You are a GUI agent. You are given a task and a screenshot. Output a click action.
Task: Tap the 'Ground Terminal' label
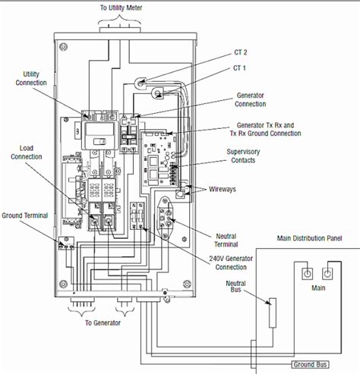[24, 215]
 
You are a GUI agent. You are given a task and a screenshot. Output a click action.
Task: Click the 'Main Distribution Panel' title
[309, 239]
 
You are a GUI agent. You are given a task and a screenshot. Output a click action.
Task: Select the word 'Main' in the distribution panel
[320, 288]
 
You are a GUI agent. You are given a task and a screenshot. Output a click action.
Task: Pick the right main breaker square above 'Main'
[331, 272]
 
